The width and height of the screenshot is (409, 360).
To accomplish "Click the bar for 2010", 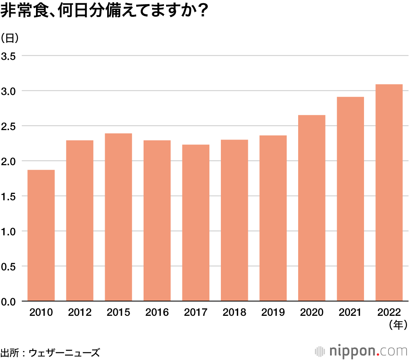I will pos(41,235).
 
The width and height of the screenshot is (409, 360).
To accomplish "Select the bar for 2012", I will pos(80,221).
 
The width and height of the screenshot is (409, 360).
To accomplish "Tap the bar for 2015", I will pos(118,217).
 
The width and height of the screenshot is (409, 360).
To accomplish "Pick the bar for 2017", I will pos(196,223).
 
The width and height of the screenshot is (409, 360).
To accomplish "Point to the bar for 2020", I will pos(312,208).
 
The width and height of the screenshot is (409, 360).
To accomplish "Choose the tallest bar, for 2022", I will pos(389,193).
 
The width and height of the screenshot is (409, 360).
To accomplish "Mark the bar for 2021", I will pos(351,199).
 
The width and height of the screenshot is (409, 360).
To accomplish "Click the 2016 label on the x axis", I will pos(157,313).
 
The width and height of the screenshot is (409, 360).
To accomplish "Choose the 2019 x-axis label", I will pos(273,313).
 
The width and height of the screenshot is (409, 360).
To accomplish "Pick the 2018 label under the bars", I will pos(234,313).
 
